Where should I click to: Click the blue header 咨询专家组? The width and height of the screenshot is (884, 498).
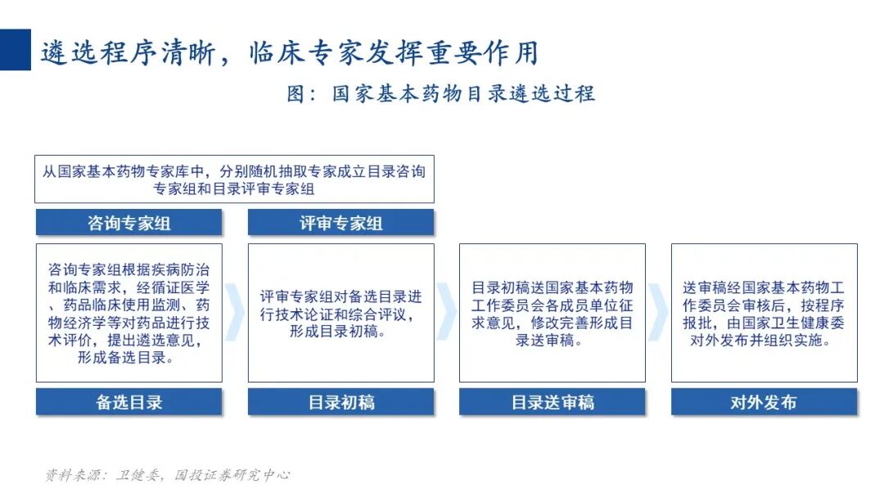(129, 223)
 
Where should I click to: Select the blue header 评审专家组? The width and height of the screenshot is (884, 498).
(341, 223)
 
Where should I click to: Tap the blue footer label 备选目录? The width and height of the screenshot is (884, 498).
(129, 402)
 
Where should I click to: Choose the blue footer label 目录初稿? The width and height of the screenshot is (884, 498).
(341, 402)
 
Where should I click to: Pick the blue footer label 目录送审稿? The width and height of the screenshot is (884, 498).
(552, 402)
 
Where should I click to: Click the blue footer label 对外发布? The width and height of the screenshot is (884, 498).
(764, 402)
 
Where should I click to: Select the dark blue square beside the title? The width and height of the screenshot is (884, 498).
(15, 50)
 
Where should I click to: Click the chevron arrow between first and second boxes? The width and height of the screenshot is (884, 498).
(235, 313)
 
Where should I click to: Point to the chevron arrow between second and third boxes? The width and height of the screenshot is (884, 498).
(447, 313)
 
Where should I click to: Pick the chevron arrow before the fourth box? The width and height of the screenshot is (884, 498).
(658, 313)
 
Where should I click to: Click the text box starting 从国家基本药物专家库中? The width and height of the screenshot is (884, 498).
(234, 179)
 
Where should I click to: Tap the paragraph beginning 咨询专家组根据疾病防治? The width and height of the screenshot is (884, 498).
(129, 313)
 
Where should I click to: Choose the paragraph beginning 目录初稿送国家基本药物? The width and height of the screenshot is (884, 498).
(552, 313)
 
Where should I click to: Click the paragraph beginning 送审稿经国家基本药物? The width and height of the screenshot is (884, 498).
(764, 313)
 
